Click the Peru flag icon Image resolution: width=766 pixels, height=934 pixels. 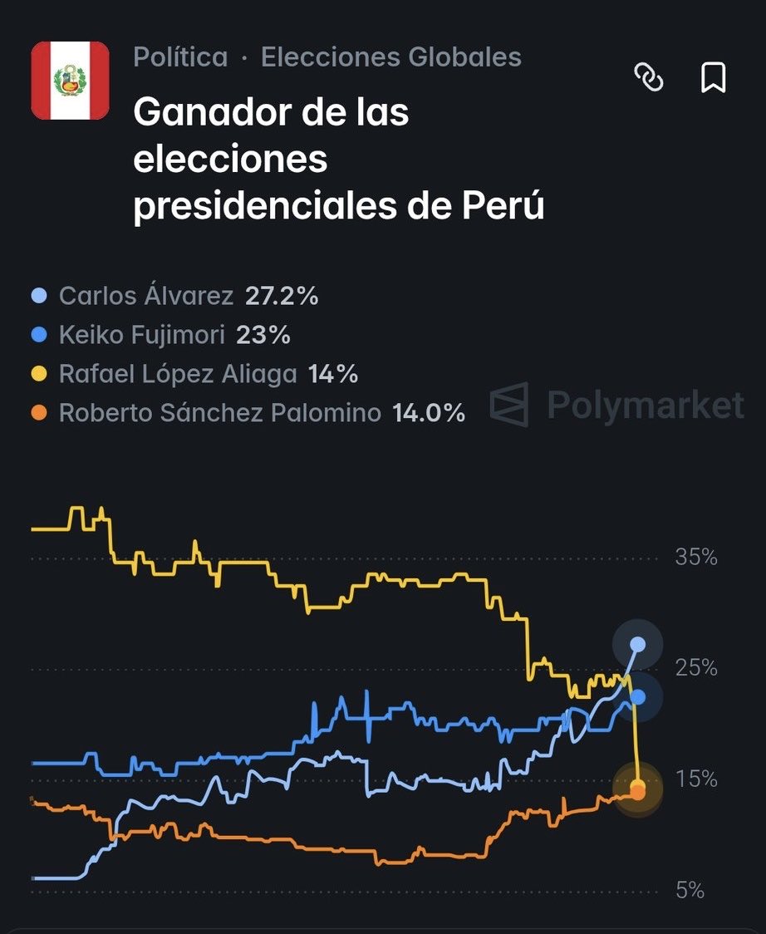[70, 81]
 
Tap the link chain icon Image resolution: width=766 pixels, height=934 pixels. [649, 78]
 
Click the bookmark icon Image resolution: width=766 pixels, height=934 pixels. [714, 78]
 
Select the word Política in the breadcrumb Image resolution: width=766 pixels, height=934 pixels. [180, 57]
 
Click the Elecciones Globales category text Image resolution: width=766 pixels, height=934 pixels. [390, 57]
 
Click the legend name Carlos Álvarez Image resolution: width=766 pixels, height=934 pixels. [146, 296]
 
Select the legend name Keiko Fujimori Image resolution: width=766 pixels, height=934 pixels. [142, 335]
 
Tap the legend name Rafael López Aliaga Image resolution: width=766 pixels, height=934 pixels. [178, 374]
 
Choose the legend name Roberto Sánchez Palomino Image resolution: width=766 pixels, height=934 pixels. [220, 413]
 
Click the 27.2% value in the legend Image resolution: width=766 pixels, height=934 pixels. [282, 296]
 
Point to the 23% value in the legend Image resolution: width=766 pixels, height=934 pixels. [263, 335]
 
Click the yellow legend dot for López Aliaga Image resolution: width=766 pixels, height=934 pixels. [39, 374]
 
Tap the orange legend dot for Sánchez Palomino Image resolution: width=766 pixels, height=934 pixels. [39, 413]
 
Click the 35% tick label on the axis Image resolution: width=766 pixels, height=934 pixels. [695, 557]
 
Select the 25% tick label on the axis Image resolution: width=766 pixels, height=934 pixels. [695, 668]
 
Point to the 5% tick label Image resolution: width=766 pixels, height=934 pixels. [690, 891]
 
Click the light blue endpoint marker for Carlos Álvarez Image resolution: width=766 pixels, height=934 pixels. [637, 644]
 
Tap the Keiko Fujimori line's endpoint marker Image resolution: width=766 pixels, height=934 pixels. [637, 696]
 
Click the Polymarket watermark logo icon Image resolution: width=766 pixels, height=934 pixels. [509, 405]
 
